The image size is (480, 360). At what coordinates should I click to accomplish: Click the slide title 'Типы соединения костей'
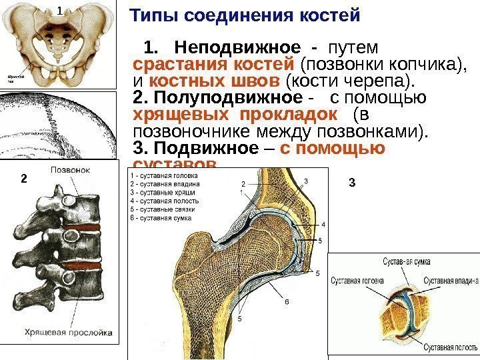pyautogui.click(x=244, y=15)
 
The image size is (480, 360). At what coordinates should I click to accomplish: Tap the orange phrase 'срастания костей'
pyautogui.click(x=214, y=65)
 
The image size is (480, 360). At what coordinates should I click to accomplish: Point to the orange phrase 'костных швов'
pyautogui.click(x=215, y=82)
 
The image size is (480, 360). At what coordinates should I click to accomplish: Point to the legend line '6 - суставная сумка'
pyautogui.click(x=161, y=217)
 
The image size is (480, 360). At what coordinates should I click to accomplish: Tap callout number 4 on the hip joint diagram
pyautogui.click(x=323, y=225)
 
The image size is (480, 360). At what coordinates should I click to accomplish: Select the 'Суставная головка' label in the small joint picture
pyautogui.click(x=357, y=281)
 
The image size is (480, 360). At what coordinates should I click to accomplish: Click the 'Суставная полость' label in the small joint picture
pyautogui.click(x=452, y=348)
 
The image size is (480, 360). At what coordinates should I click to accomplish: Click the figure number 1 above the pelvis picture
pyautogui.click(x=59, y=11)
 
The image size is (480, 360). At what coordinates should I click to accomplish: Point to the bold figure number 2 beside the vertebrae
pyautogui.click(x=22, y=179)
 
